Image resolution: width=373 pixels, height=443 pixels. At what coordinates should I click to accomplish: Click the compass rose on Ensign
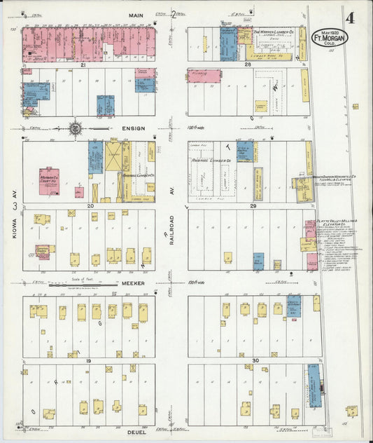(x=75, y=129)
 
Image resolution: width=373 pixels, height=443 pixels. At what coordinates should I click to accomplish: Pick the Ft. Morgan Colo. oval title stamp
(x=329, y=36)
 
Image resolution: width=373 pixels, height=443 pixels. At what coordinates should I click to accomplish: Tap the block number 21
(x=83, y=64)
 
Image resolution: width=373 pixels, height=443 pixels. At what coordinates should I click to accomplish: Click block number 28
(x=247, y=64)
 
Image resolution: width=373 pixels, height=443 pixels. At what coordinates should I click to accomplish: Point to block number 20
(x=90, y=206)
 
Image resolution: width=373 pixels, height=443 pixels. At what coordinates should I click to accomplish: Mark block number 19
(x=89, y=360)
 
